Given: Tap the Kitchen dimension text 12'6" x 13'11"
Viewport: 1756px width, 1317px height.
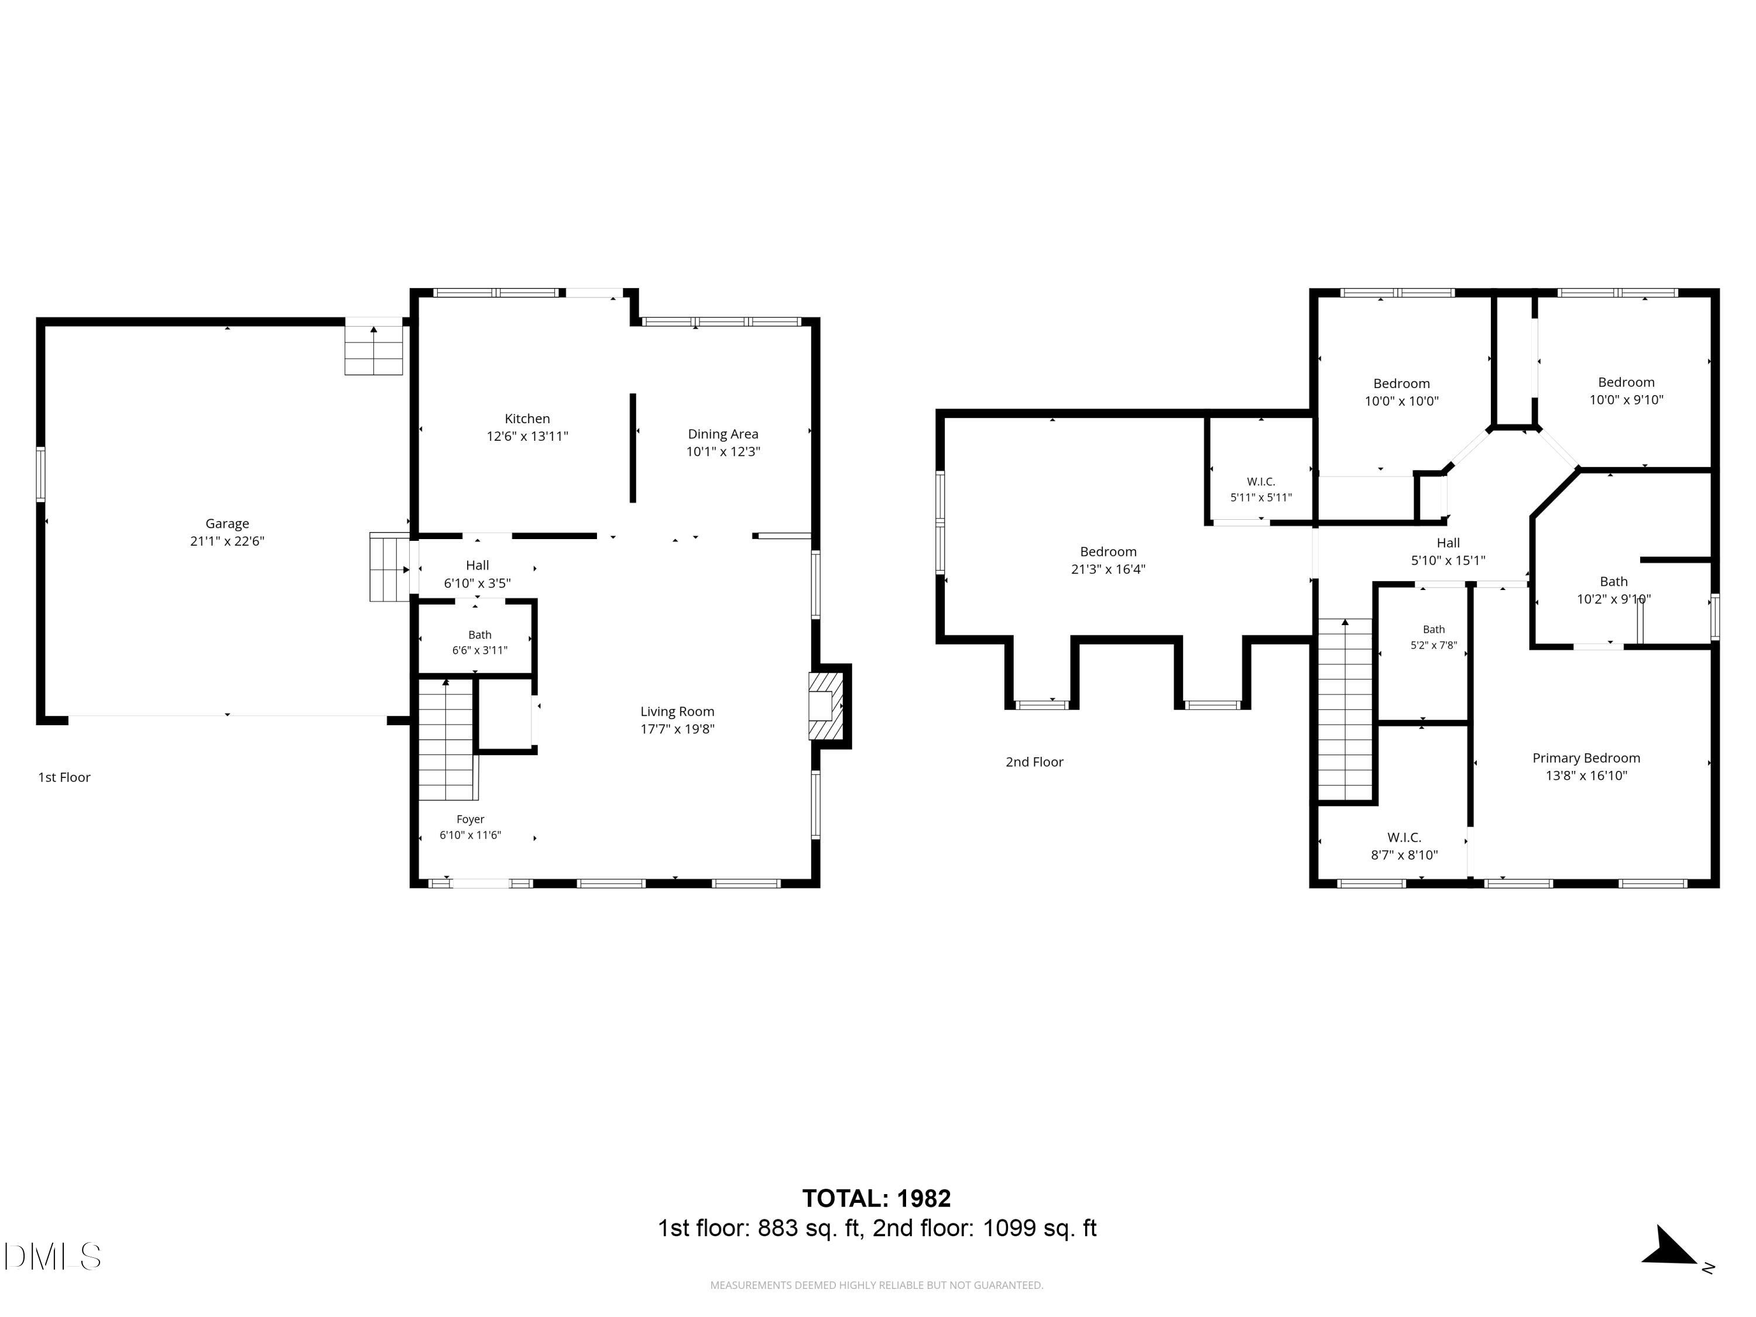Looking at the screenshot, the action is point(527,436).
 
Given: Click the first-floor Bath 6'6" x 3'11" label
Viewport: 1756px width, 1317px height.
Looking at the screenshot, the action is point(479,642).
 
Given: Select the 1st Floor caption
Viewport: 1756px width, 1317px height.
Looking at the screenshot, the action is point(64,777).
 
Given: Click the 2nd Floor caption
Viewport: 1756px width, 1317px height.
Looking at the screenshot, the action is point(1034,762).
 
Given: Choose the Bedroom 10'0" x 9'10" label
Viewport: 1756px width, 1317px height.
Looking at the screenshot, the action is point(1626,390).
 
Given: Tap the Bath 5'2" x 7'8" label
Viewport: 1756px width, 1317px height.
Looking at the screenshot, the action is point(1433,637).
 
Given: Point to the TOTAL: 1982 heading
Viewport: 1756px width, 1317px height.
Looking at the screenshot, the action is point(876,1198).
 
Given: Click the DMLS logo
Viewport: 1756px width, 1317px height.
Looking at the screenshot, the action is point(53,1257).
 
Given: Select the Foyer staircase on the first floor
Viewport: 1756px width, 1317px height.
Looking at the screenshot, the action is point(448,740).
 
